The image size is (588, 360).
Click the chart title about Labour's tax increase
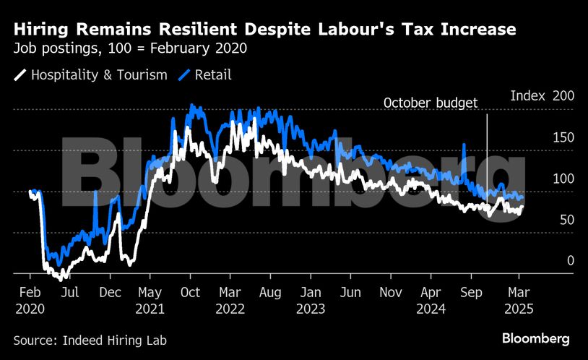click(x=264, y=30)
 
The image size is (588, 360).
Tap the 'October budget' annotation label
click(x=431, y=103)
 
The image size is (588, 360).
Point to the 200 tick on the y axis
click(x=563, y=95)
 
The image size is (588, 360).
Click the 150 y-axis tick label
click(x=563, y=137)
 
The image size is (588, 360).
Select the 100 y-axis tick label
click(x=563, y=179)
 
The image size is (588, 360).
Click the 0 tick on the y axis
click(x=570, y=261)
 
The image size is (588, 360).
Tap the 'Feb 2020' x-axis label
click(x=30, y=300)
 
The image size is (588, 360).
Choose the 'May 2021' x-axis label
click(x=150, y=300)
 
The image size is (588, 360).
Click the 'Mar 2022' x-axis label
click(x=230, y=300)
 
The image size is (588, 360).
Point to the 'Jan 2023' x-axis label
click(x=310, y=300)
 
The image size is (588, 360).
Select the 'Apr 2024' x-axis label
click(x=431, y=300)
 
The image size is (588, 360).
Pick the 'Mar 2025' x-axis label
click(x=519, y=300)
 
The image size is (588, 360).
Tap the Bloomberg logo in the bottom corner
click(x=535, y=338)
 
